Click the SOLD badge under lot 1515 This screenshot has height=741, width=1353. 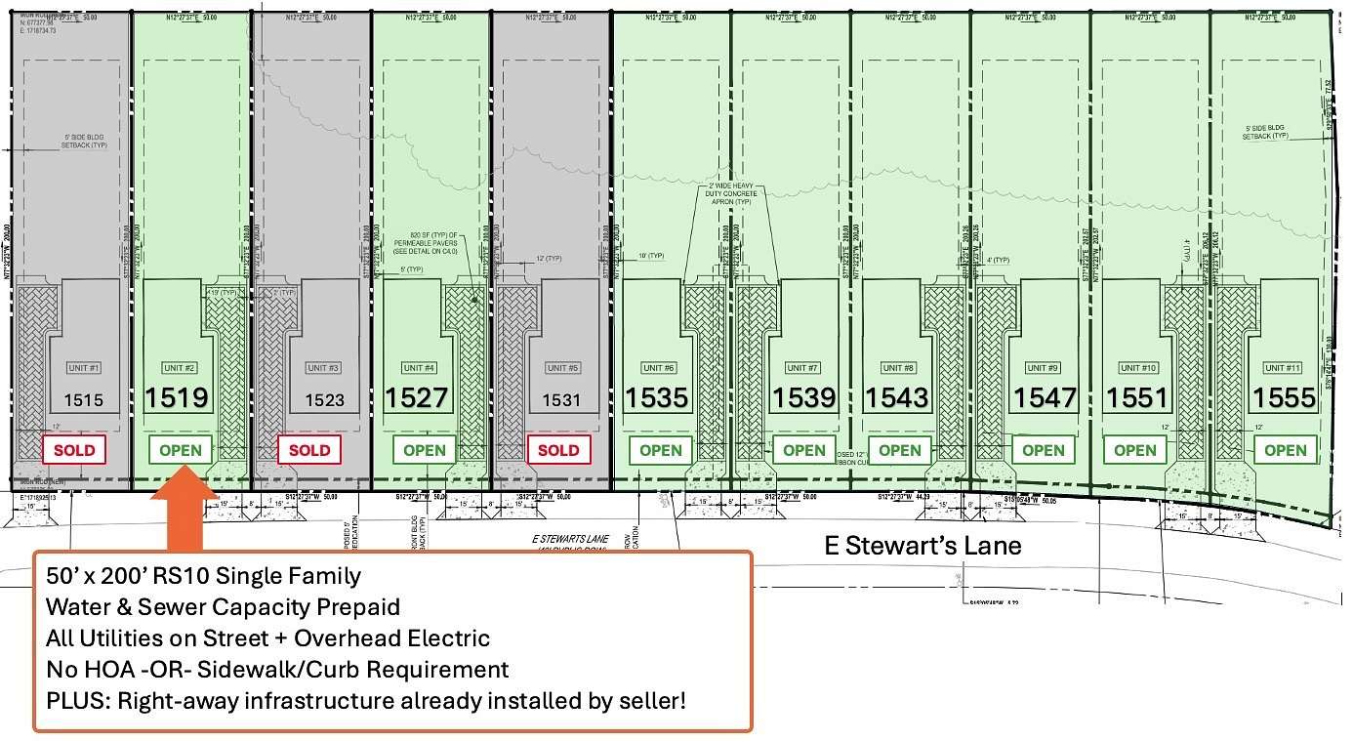pos(74,450)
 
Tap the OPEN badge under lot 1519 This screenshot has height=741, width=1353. pos(181,450)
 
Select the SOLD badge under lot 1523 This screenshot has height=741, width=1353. pos(310,450)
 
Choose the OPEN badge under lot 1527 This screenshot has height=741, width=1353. pos(425,450)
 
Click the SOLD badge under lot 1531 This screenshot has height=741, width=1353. pos(558,450)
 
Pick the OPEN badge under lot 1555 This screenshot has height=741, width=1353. pos(1286,450)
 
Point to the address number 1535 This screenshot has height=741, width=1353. pos(657,398)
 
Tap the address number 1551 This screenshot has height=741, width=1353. pos(1136,398)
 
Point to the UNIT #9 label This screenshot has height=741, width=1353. pos(1043,368)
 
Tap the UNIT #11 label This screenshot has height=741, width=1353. pos(1282,368)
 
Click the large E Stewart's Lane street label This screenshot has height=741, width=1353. pos(922,545)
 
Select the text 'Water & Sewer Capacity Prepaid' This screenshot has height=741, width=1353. pos(223,607)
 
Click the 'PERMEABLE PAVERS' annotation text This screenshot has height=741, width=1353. pos(425,243)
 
